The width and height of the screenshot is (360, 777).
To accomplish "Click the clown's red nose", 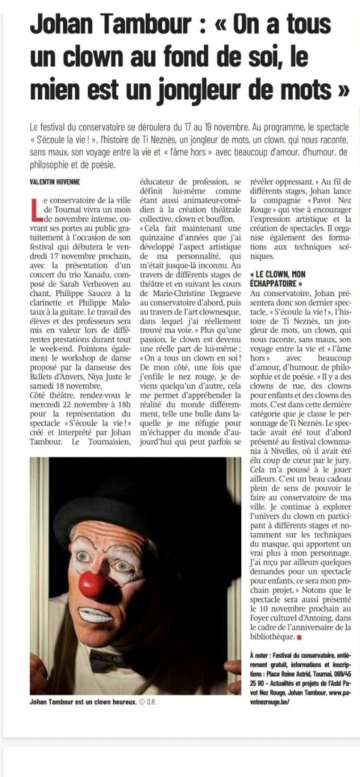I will tap(94, 584).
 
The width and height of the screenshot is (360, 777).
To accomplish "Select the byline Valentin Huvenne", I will tap(55, 182).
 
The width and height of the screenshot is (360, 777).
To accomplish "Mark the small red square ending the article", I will tap(299, 637).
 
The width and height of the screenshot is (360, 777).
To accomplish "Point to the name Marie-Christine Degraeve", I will tap(190, 293).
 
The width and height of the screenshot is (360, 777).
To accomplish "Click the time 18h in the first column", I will tap(124, 395).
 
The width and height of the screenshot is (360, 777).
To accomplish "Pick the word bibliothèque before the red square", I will tap(272, 637).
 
